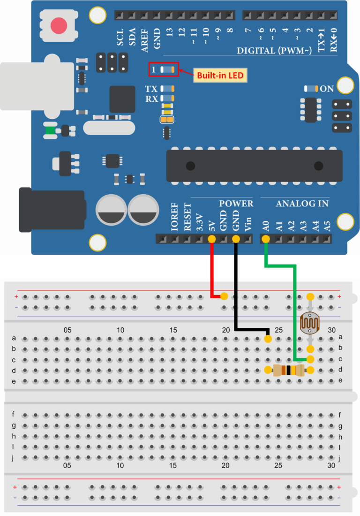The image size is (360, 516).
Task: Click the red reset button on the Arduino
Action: tap(59, 25)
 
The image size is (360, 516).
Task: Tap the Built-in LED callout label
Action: tap(220, 75)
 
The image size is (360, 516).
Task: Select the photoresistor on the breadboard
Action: tap(310, 323)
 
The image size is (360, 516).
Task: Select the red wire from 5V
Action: tap(212, 272)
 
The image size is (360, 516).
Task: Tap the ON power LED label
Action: tap(327, 89)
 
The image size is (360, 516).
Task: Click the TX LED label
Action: tap(151, 89)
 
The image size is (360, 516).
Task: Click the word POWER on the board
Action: tap(236, 204)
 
